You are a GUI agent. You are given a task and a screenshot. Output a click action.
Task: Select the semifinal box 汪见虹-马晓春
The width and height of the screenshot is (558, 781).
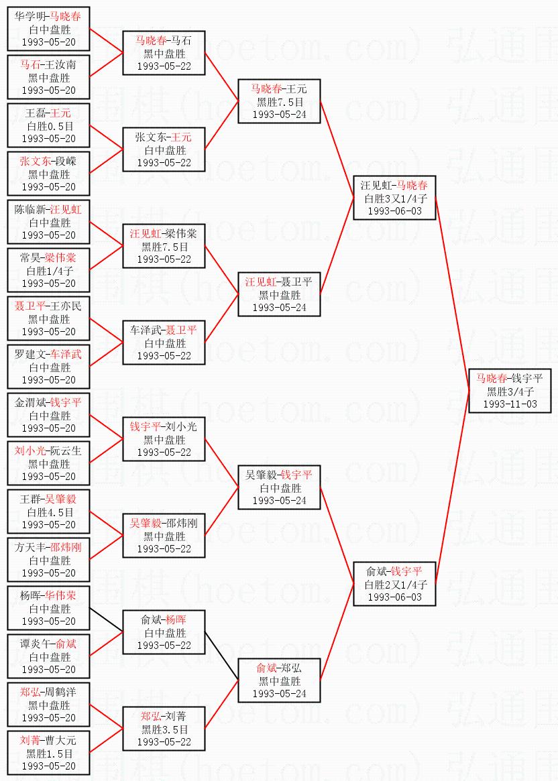[x=395, y=198]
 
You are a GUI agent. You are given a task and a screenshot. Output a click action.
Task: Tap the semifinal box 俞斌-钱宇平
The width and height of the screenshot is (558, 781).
[x=395, y=584]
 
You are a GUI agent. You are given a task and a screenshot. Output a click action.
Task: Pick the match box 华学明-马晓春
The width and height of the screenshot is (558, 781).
[x=48, y=29]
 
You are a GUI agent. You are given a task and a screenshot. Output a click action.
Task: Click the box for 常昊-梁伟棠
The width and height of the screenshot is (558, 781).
[x=48, y=270]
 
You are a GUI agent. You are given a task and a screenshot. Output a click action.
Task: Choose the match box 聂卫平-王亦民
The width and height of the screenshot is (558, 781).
[x=48, y=318]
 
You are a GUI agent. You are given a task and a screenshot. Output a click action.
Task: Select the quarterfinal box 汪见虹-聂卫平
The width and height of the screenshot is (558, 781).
[x=280, y=294]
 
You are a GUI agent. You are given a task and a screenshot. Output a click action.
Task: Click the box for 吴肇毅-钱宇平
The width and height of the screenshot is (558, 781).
[x=280, y=487]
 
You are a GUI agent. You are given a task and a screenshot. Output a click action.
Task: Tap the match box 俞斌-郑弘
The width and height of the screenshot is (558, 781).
[x=280, y=680]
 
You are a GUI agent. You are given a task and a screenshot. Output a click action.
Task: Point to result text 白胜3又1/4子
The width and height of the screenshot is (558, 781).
[x=395, y=198]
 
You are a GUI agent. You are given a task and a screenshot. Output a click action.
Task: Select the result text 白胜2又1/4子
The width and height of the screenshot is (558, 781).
[x=395, y=585]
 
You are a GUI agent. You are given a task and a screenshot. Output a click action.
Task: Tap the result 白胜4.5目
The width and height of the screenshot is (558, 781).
[x=48, y=512]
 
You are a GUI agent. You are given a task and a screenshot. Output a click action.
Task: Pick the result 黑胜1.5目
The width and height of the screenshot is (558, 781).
[x=48, y=754]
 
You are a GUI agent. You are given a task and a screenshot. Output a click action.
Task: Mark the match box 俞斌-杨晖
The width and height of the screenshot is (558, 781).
[x=164, y=632]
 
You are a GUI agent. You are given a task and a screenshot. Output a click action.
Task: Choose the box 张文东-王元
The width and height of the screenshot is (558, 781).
[x=164, y=149]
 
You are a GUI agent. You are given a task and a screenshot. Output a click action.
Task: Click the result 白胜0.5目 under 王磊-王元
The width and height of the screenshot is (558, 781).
[x=48, y=126]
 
